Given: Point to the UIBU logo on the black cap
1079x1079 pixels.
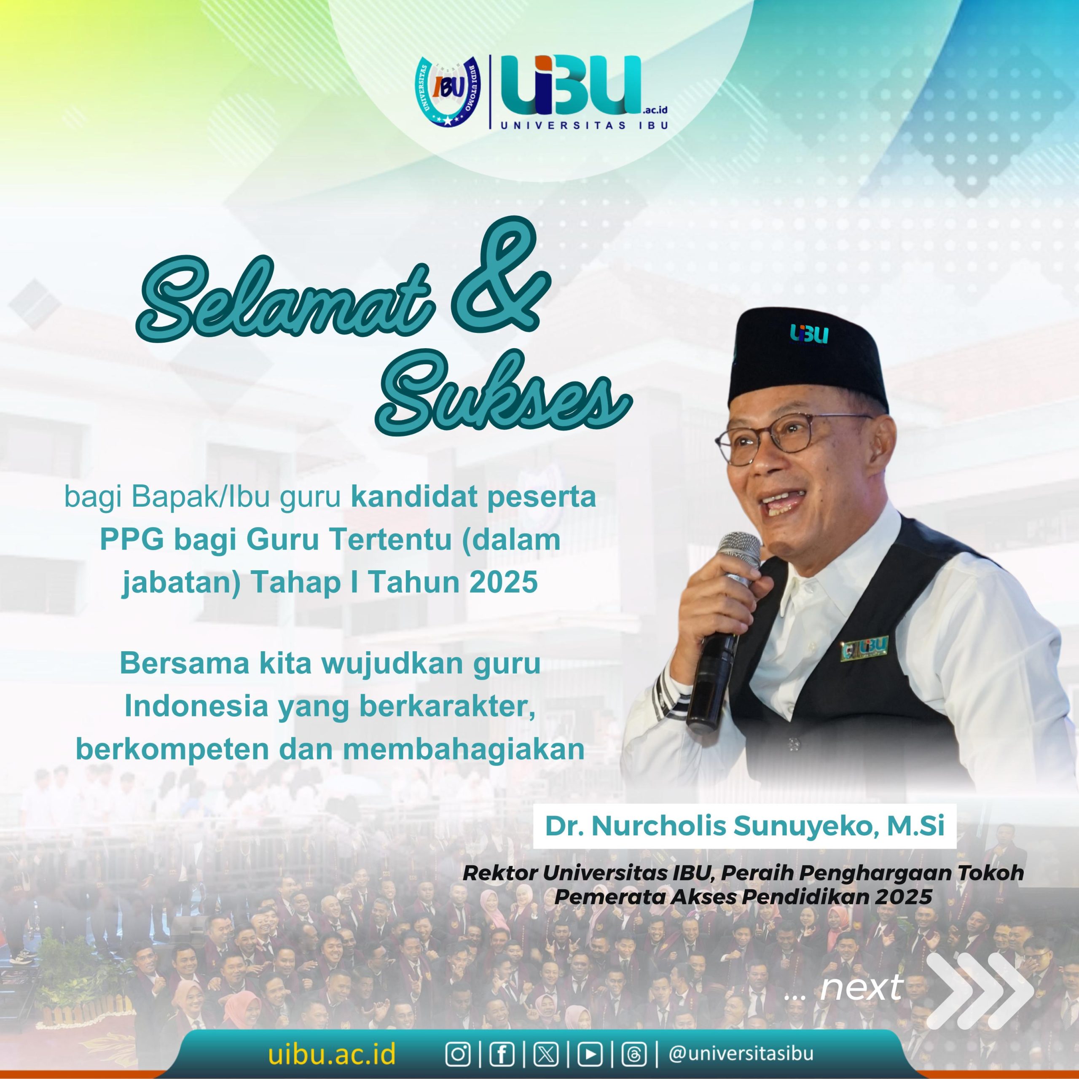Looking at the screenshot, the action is (x=809, y=333).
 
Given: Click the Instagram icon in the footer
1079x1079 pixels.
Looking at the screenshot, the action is (x=458, y=1054).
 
